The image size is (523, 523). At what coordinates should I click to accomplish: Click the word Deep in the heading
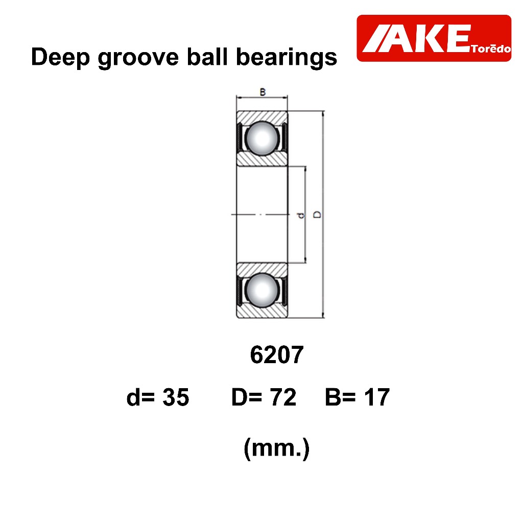point(60,58)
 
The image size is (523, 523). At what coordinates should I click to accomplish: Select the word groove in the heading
point(138,58)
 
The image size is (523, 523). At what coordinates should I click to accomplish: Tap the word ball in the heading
point(207,57)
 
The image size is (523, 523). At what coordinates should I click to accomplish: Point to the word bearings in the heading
point(287,58)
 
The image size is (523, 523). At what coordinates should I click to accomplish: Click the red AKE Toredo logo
point(434,38)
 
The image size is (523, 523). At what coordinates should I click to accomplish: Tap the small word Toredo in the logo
point(491,49)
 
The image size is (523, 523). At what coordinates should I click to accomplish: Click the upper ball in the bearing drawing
point(262,138)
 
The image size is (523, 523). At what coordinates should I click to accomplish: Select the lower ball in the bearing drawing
point(262,290)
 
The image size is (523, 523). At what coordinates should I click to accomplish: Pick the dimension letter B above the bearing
point(263,92)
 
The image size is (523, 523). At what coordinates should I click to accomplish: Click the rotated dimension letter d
point(301,215)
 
